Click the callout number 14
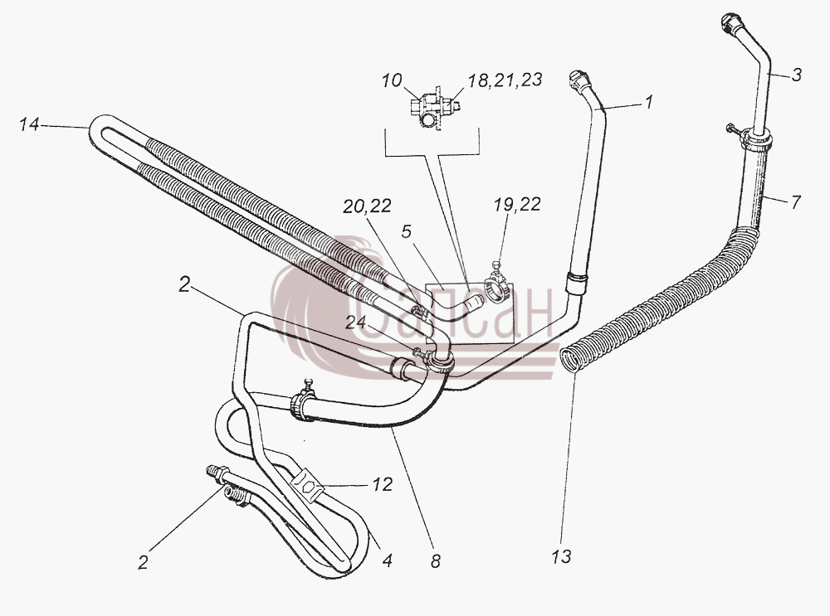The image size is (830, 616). (x=28, y=125)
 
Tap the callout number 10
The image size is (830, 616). (x=393, y=81)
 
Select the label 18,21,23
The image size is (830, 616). (x=505, y=80)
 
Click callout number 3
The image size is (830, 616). (x=797, y=75)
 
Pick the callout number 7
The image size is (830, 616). (x=796, y=201)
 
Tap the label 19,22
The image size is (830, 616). (x=517, y=205)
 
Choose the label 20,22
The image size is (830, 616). (x=366, y=206)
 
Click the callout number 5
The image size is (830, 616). (x=406, y=231)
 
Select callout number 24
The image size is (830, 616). (x=356, y=323)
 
